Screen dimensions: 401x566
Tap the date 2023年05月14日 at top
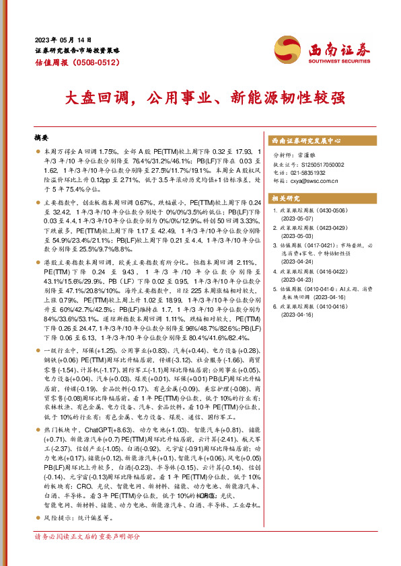[x=64, y=38]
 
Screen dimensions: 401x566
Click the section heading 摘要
[x=43, y=138]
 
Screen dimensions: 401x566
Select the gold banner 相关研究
[x=287, y=198]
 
